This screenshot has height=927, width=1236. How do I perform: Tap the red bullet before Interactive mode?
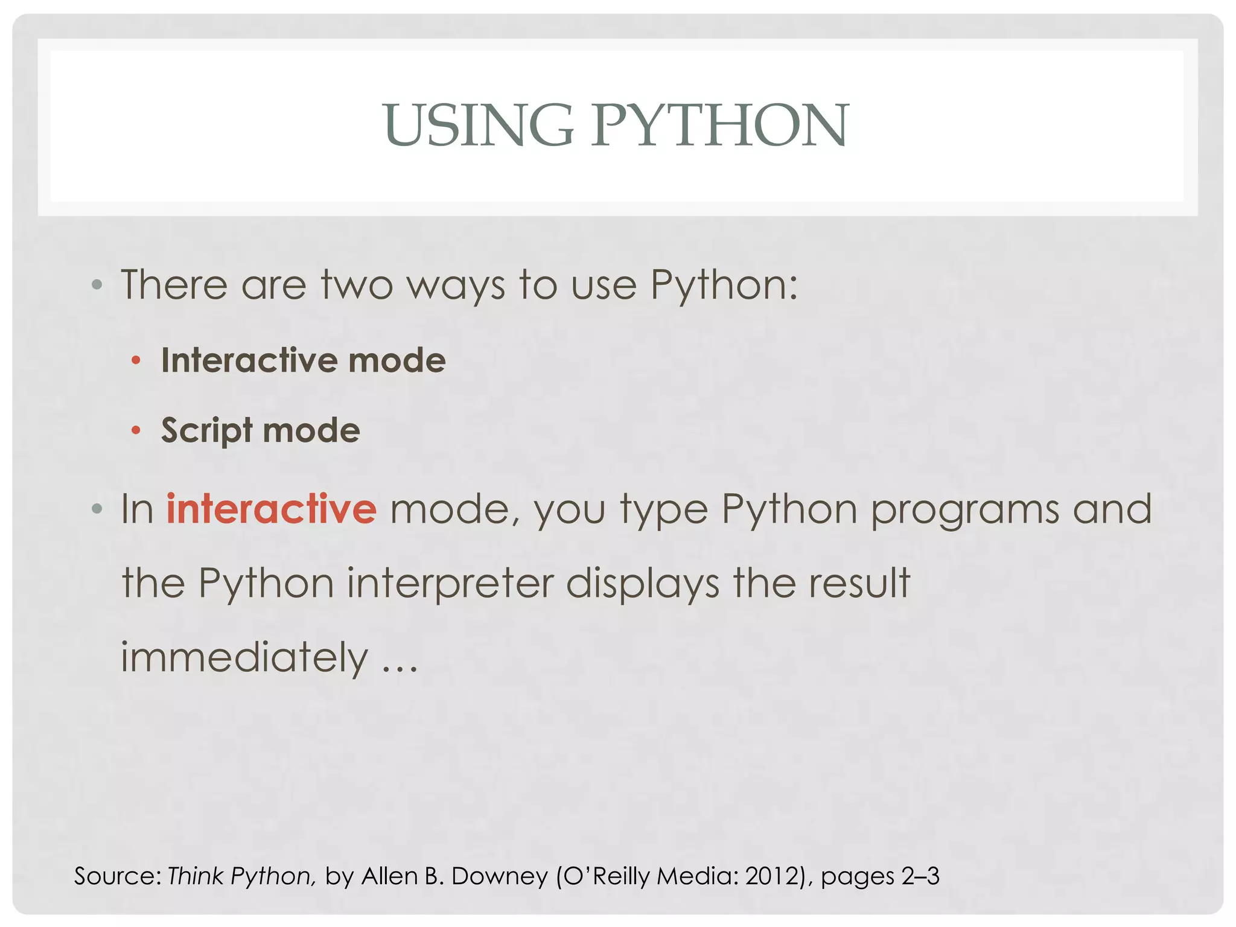(136, 361)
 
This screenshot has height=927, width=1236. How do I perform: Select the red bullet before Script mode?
(136, 430)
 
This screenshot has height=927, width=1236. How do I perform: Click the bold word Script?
(206, 431)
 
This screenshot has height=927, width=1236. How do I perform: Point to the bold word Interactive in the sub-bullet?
(249, 361)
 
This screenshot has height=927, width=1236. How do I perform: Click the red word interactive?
(271, 509)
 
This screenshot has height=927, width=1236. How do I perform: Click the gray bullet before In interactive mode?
(97, 509)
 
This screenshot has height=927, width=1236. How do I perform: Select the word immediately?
(244, 658)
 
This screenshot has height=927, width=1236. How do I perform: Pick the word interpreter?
(450, 584)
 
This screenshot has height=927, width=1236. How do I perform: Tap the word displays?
(643, 584)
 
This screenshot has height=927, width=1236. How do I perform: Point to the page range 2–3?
(920, 876)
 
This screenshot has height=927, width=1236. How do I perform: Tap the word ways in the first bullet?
(456, 285)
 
